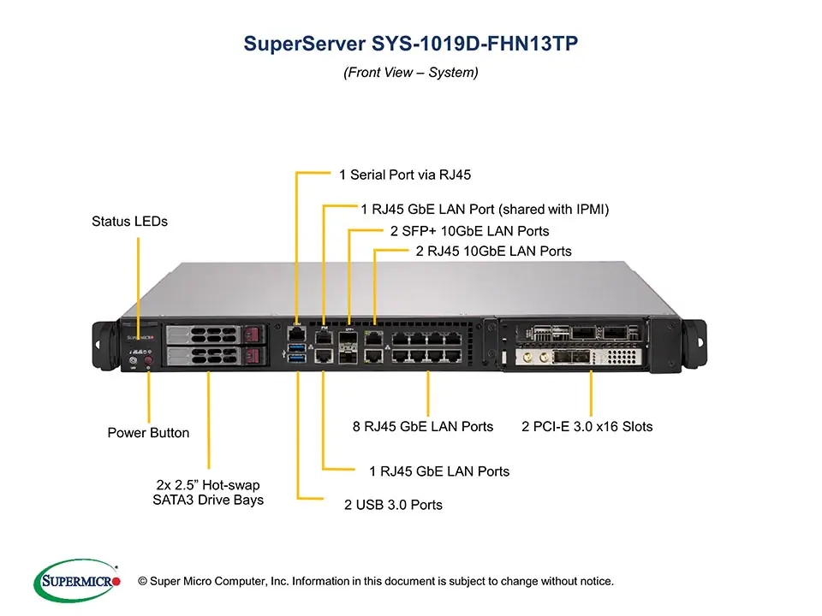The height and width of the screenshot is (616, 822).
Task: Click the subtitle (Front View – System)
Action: (411, 73)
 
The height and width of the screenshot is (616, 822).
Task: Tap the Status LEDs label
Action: (129, 222)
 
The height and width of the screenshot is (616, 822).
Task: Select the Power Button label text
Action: (148, 433)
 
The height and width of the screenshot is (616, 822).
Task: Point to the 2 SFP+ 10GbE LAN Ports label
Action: (469, 231)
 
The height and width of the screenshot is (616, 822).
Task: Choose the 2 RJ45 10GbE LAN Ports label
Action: (493, 252)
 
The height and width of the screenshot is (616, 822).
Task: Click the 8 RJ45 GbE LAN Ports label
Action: (423, 426)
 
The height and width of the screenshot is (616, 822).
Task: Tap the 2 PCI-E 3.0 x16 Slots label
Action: (587, 426)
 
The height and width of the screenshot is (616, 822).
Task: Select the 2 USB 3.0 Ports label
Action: (393, 505)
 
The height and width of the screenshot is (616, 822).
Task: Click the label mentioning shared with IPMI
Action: (485, 209)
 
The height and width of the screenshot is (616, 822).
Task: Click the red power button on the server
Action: (148, 361)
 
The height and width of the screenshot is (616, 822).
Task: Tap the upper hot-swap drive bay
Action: (212, 335)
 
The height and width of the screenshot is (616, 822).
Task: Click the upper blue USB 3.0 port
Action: (296, 347)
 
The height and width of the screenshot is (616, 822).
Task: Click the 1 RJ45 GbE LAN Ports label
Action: (439, 471)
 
